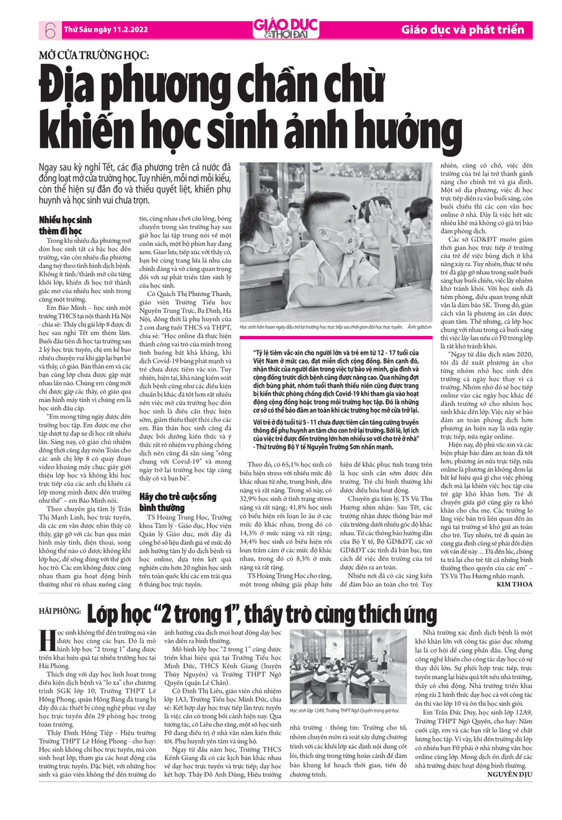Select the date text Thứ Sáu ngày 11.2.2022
tap(99, 29)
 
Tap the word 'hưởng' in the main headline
tap(390, 125)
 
